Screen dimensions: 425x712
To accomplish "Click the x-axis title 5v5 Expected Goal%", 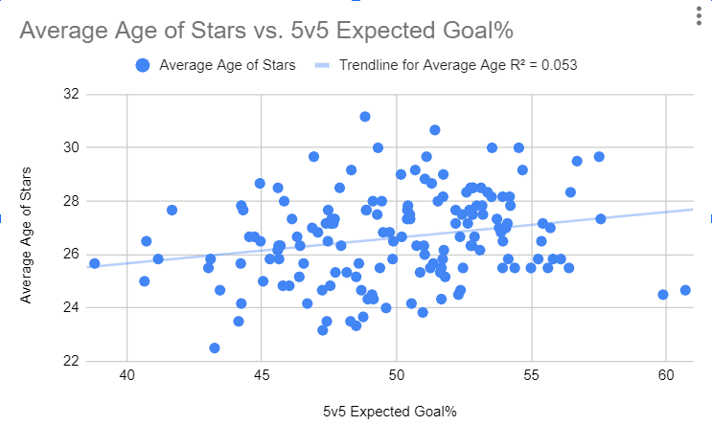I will [x=389, y=412].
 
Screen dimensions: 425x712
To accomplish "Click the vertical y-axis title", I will [x=27, y=229].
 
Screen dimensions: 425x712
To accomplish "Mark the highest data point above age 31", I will [x=365, y=117].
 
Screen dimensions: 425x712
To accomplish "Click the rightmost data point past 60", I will [x=685, y=290].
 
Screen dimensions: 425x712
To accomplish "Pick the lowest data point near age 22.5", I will [x=215, y=348].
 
